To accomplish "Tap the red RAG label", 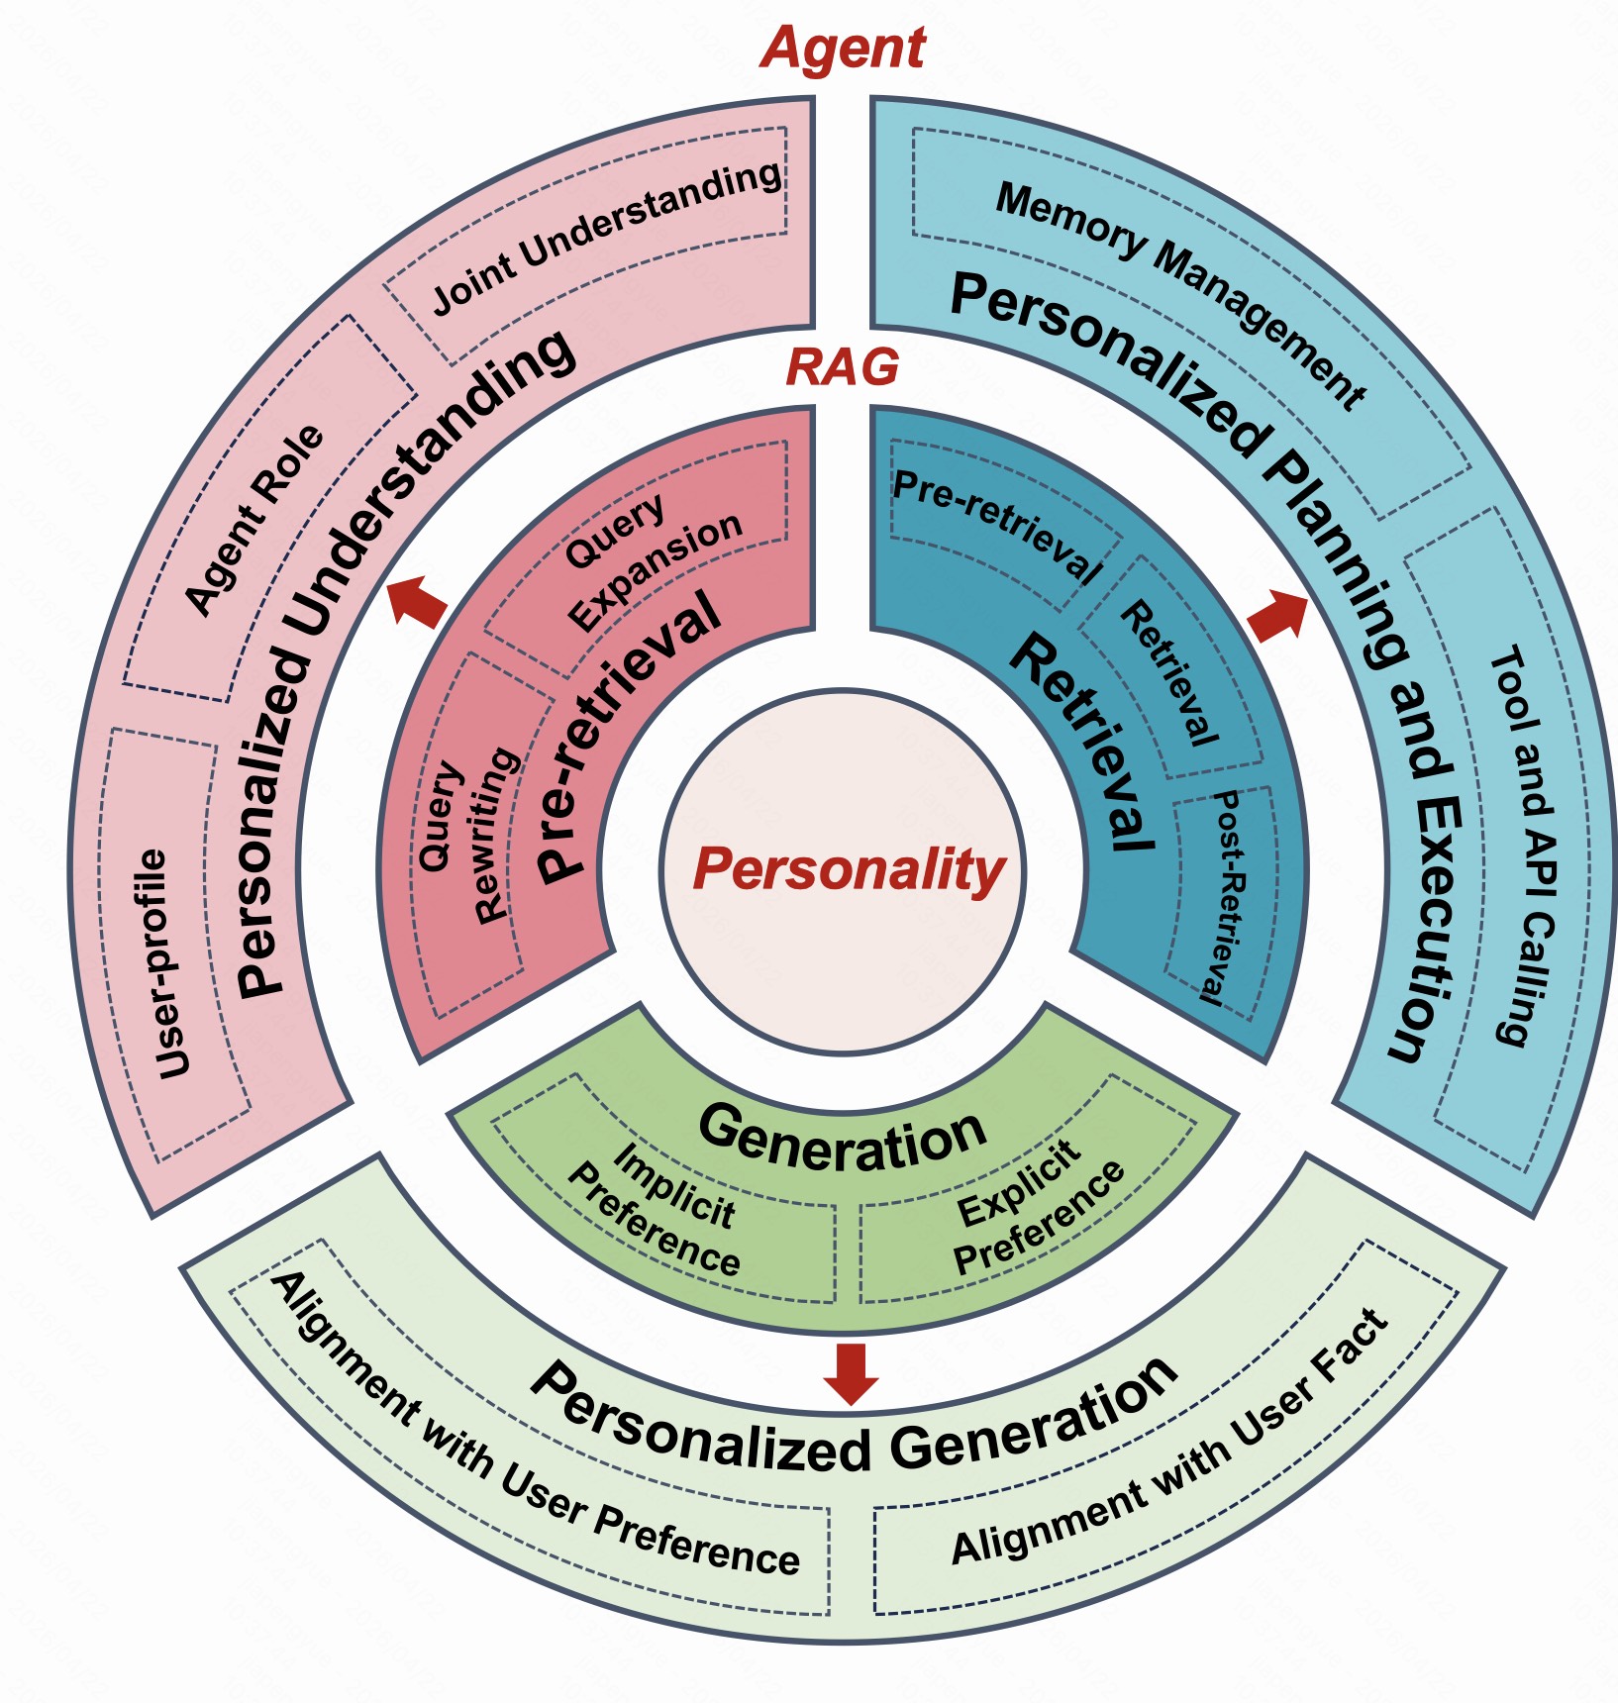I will click(842, 368).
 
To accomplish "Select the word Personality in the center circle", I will click(849, 870).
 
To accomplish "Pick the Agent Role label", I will click(254, 521).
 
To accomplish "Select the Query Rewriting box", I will click(466, 838).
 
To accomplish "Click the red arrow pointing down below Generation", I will click(851, 1372).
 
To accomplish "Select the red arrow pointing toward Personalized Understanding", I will click(417, 599).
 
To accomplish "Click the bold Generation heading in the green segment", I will click(843, 1139).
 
